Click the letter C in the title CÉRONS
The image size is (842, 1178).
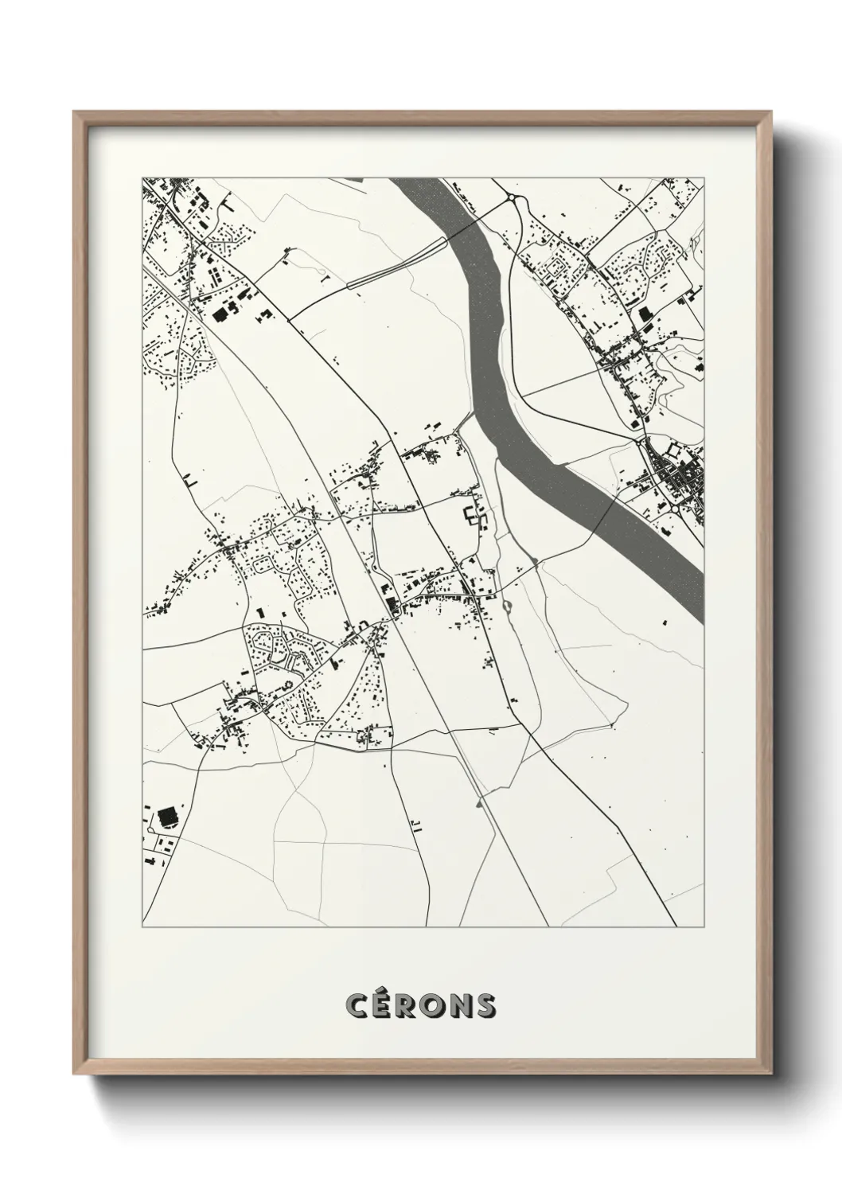357,1006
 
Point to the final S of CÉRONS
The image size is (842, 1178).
485,1006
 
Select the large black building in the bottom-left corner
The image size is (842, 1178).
167,817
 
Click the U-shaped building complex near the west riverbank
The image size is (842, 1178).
474,517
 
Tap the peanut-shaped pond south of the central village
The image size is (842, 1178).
507,607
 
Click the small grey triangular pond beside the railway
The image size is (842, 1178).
479,804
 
